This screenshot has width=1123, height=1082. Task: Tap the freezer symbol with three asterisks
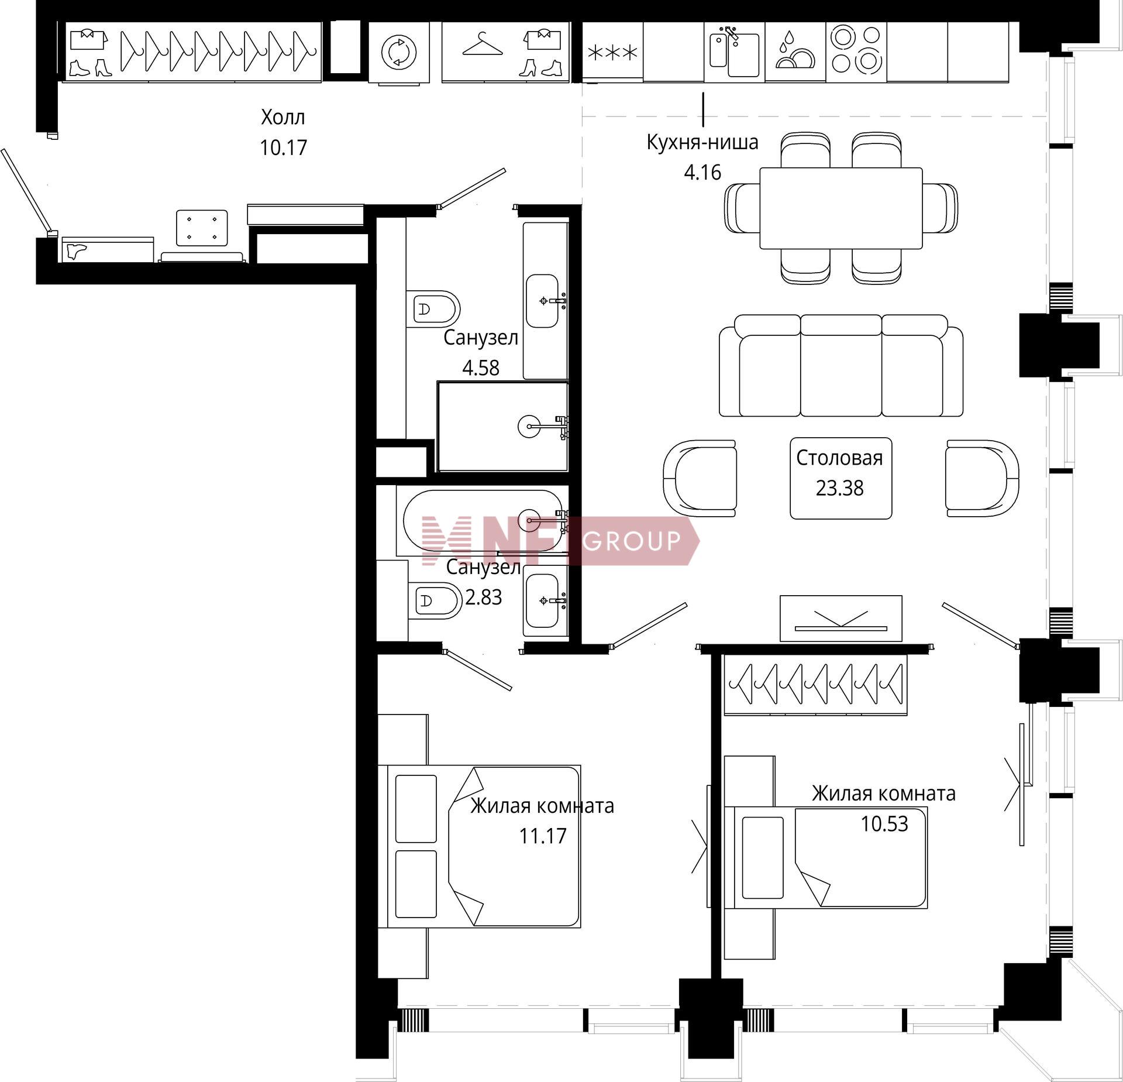612,53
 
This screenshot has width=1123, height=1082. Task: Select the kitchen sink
734,52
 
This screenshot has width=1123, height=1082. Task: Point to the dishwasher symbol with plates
795,51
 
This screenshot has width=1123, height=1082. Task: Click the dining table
840,208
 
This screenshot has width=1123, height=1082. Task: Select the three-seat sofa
841,366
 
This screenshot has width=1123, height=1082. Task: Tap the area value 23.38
839,488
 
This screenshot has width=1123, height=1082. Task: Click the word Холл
283,118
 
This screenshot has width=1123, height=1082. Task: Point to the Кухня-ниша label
702,142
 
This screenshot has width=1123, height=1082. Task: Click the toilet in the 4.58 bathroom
433,308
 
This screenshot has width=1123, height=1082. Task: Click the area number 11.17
543,836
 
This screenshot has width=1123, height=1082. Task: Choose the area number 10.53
884,823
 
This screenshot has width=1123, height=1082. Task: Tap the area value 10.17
283,147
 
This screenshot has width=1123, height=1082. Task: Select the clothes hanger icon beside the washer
483,44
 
